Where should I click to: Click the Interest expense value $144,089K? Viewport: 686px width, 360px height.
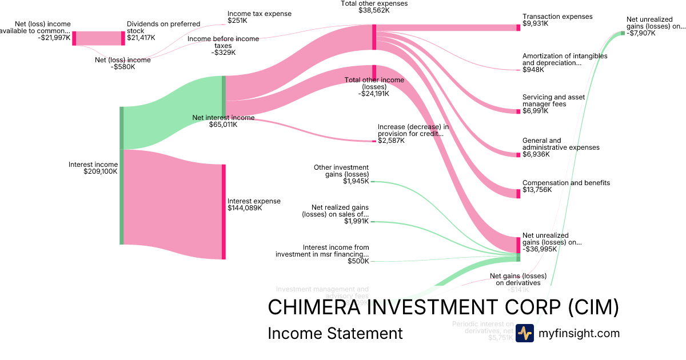pos(245,208)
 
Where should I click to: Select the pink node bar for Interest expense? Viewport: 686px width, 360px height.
pos(224,211)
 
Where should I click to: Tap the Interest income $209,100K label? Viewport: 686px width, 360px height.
pos(93,168)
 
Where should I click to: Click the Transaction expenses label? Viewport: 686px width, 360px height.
pos(557,17)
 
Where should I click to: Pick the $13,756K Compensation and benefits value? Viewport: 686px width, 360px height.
pos(537,190)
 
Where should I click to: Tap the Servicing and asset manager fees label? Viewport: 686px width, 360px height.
pos(553,101)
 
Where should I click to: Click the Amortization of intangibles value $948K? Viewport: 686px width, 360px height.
pos(533,70)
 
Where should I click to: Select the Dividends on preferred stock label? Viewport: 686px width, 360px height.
pos(163,27)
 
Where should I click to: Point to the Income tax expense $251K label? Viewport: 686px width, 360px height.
pos(259,17)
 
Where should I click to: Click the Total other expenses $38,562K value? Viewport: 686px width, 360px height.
pos(374,10)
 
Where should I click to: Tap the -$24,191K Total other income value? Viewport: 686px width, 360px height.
pos(374,94)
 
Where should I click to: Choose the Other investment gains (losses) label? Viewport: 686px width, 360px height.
pos(341,171)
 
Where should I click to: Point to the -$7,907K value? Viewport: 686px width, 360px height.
pos(641,33)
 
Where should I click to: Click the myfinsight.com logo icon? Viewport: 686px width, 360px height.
pos(524,333)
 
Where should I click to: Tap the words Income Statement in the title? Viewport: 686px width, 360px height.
pos(335,334)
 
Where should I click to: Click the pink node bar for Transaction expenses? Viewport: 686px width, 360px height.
pos(519,27)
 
